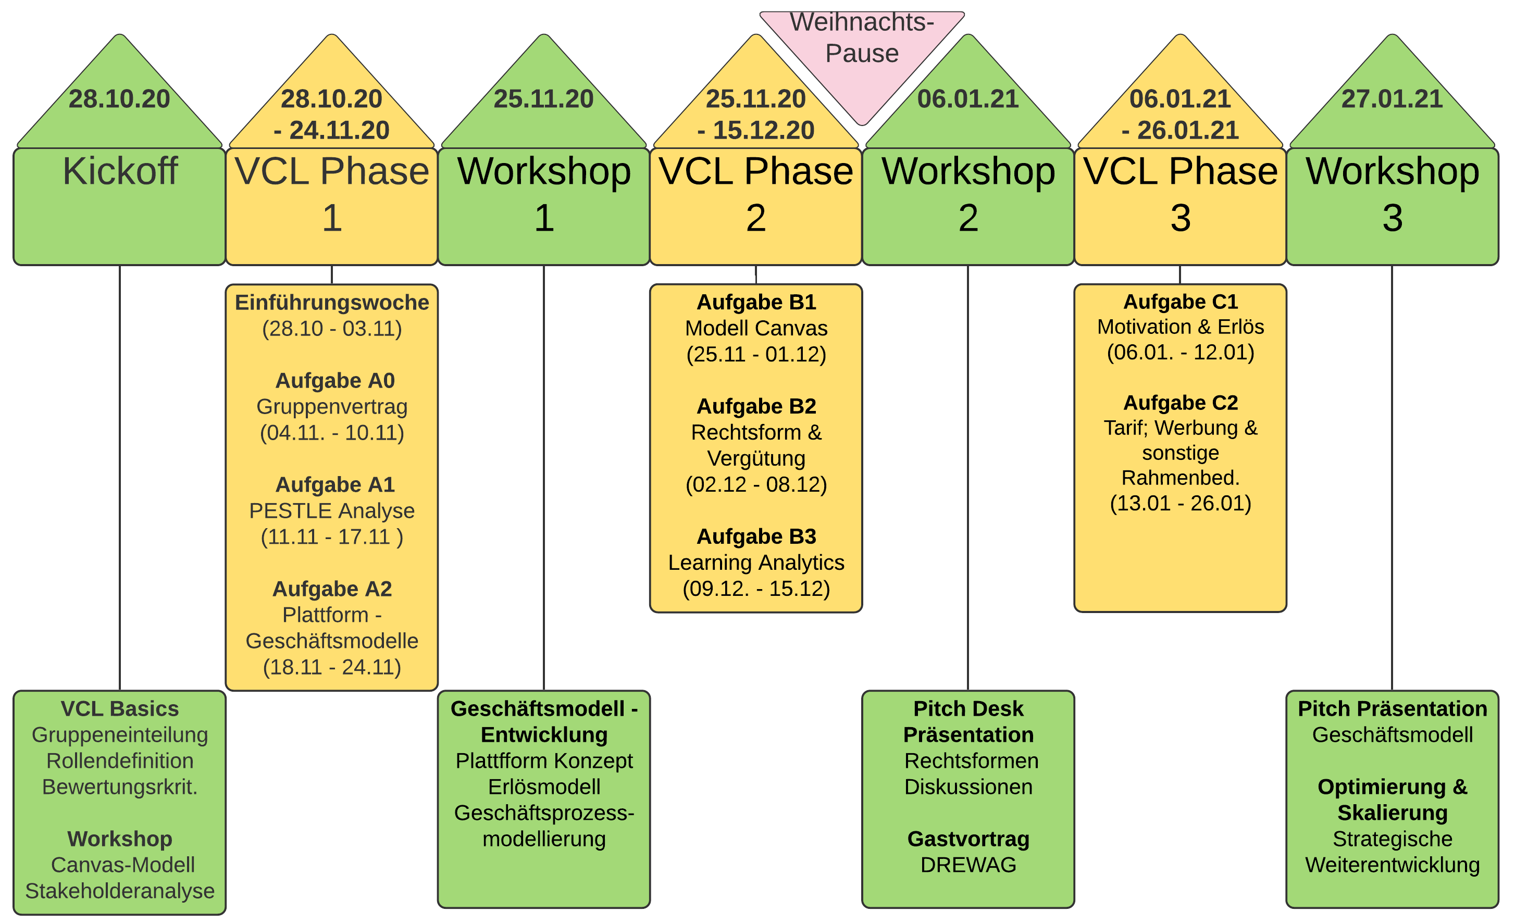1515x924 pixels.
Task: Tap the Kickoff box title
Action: (x=120, y=171)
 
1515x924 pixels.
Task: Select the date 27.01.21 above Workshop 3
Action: (x=1392, y=99)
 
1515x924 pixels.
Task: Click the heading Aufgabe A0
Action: (x=334, y=381)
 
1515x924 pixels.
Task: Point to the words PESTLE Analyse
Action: (x=332, y=510)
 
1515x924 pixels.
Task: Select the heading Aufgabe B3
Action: (x=756, y=536)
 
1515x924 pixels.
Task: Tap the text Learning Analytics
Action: (x=756, y=562)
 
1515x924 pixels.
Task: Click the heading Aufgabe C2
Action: (x=1181, y=402)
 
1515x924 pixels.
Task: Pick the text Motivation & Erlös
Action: (x=1181, y=327)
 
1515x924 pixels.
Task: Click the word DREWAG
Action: (x=968, y=865)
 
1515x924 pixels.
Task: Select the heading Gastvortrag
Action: (x=968, y=839)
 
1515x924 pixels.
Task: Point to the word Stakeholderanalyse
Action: (x=120, y=890)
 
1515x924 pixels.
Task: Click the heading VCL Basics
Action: (x=120, y=708)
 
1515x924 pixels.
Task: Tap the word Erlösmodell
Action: (x=544, y=786)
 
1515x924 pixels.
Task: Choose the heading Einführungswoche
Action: (x=332, y=303)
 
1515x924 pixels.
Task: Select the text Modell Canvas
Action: (x=756, y=328)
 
